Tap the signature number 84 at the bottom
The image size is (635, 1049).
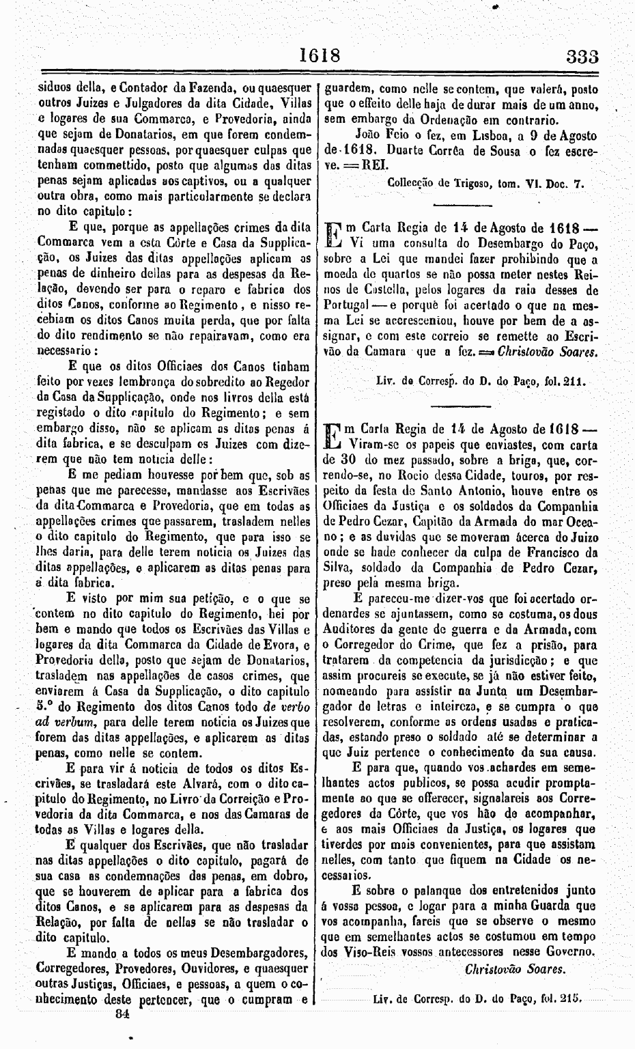(x=122, y=1015)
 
